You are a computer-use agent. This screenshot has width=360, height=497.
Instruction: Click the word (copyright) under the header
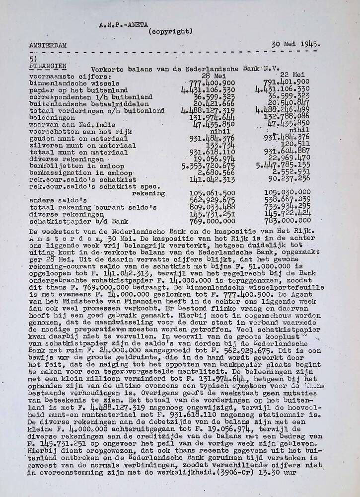(x=170, y=31)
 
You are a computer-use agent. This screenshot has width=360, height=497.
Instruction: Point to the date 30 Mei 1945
(x=296, y=44)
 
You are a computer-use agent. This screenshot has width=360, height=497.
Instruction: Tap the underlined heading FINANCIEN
(x=46, y=65)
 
